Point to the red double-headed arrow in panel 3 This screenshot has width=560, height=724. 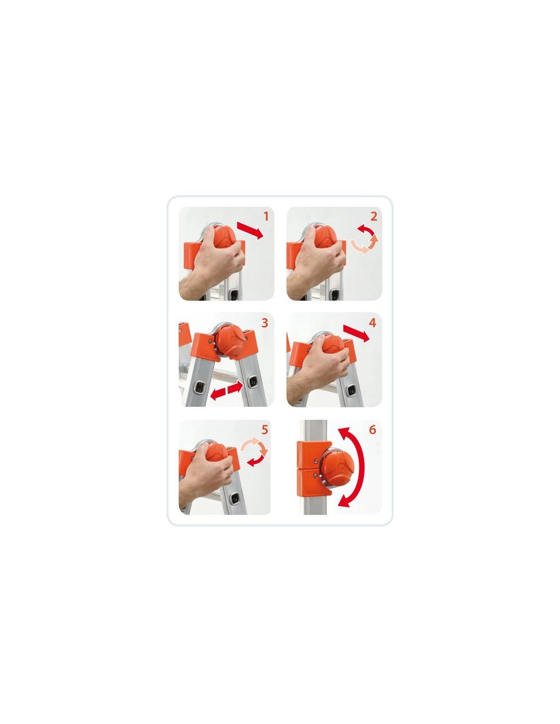tap(227, 391)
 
